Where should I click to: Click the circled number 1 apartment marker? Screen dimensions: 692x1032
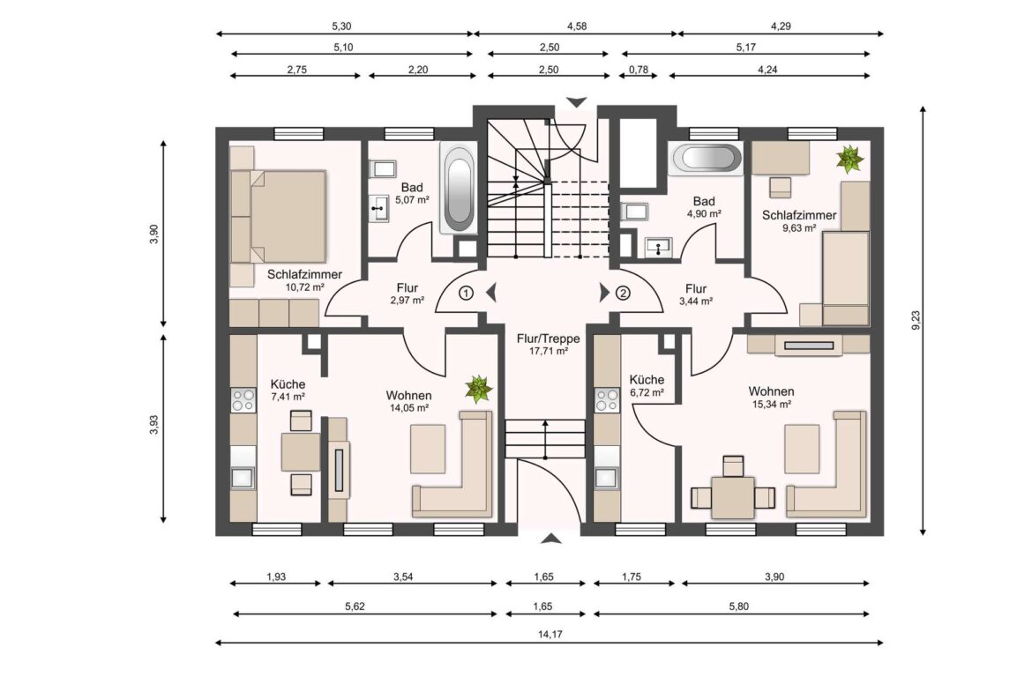(x=467, y=293)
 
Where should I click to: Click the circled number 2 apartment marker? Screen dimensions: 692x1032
(x=624, y=293)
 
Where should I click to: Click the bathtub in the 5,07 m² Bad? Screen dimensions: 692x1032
(x=458, y=190)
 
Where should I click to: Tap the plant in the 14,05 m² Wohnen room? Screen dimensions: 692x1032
(x=478, y=388)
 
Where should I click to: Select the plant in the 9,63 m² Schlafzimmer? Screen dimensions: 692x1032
(x=850, y=159)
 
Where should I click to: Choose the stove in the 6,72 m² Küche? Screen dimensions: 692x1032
(x=607, y=400)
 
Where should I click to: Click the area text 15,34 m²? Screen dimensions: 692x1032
(x=771, y=405)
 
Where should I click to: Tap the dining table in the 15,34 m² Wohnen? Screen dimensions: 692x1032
(x=733, y=497)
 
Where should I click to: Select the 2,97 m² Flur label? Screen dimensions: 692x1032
(x=408, y=294)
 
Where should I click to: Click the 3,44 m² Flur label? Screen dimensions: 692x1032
(x=696, y=294)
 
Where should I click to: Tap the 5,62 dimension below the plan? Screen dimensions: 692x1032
(x=364, y=606)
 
